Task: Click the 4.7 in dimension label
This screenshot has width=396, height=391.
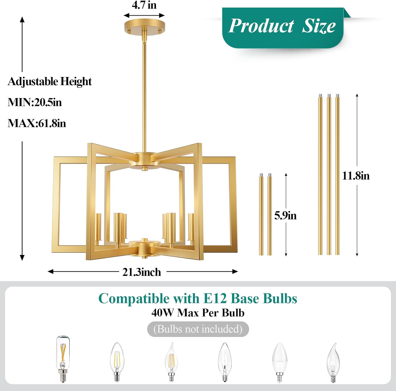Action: click(x=144, y=5)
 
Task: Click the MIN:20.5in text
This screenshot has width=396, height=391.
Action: click(x=35, y=102)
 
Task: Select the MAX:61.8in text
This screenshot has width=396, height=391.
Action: click(x=37, y=123)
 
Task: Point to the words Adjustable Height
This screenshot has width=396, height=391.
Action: click(x=50, y=81)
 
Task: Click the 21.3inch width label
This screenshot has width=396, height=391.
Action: click(x=142, y=272)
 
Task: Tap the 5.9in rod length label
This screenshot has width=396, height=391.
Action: click(x=285, y=216)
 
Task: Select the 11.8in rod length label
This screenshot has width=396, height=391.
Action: click(x=356, y=176)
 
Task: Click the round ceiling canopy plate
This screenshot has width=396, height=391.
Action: click(x=144, y=27)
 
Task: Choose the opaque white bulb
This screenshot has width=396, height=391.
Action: click(x=280, y=361)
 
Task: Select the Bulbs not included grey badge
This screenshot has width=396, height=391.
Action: click(x=198, y=329)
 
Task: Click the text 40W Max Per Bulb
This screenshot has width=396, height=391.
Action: click(x=198, y=313)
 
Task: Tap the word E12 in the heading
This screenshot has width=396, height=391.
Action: click(x=215, y=299)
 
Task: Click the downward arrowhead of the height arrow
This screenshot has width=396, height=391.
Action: click(x=22, y=258)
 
